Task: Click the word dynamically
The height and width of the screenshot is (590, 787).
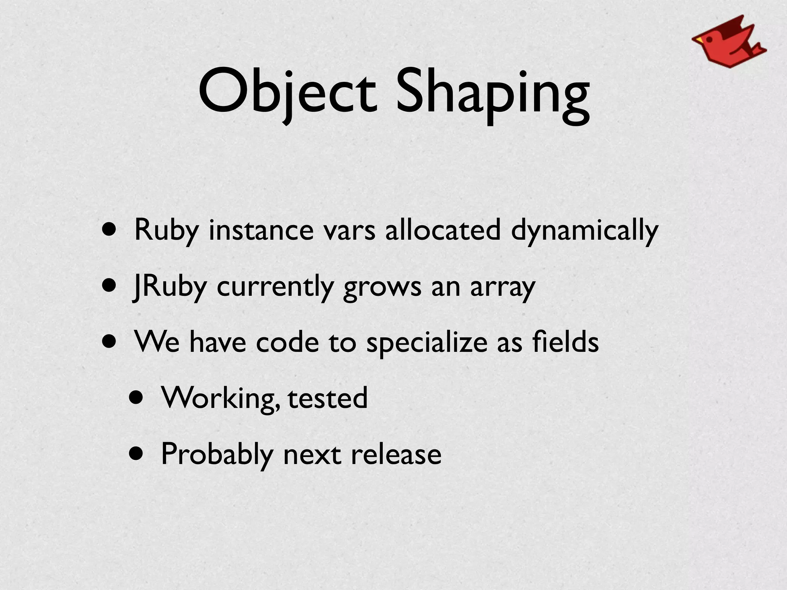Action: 584,230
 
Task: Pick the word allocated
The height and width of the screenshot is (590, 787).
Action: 443,230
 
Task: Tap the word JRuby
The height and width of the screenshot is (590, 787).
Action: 169,287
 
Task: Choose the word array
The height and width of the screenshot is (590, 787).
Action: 502,287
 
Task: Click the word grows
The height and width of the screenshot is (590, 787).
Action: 382,287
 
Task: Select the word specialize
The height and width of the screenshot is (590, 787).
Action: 427,343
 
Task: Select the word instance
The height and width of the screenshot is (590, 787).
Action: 261,230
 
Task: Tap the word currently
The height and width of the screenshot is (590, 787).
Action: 275,287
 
